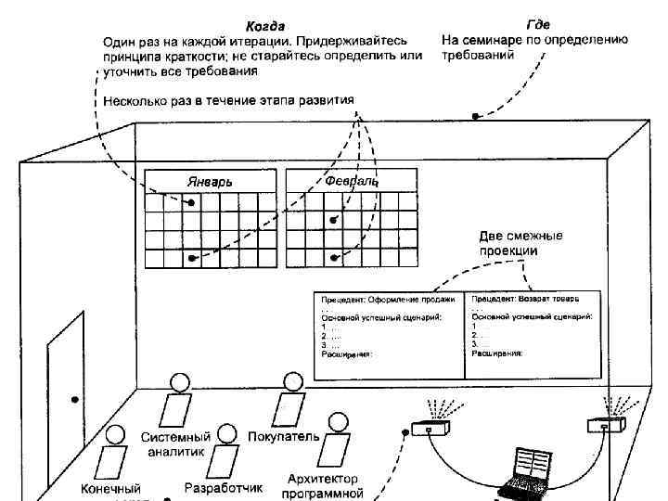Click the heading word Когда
click(x=265, y=25)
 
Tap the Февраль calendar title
click(x=352, y=181)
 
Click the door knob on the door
click(x=73, y=401)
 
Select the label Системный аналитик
click(x=176, y=443)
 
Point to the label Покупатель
click(x=285, y=436)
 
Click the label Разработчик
click(x=224, y=487)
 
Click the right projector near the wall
click(x=606, y=424)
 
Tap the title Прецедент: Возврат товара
click(x=525, y=300)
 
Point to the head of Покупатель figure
click(x=293, y=382)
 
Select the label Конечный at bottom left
click(x=110, y=488)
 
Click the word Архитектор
click(x=323, y=479)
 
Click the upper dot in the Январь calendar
click(x=191, y=202)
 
